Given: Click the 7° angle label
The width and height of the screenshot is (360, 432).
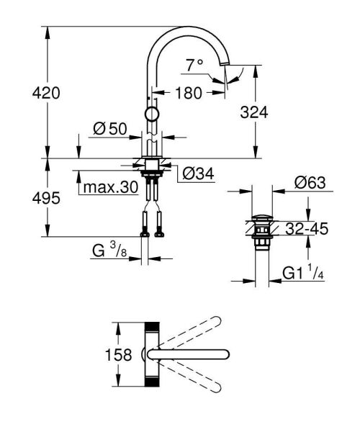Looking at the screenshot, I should (x=194, y=66).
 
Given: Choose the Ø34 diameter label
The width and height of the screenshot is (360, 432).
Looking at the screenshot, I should (x=197, y=174).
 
